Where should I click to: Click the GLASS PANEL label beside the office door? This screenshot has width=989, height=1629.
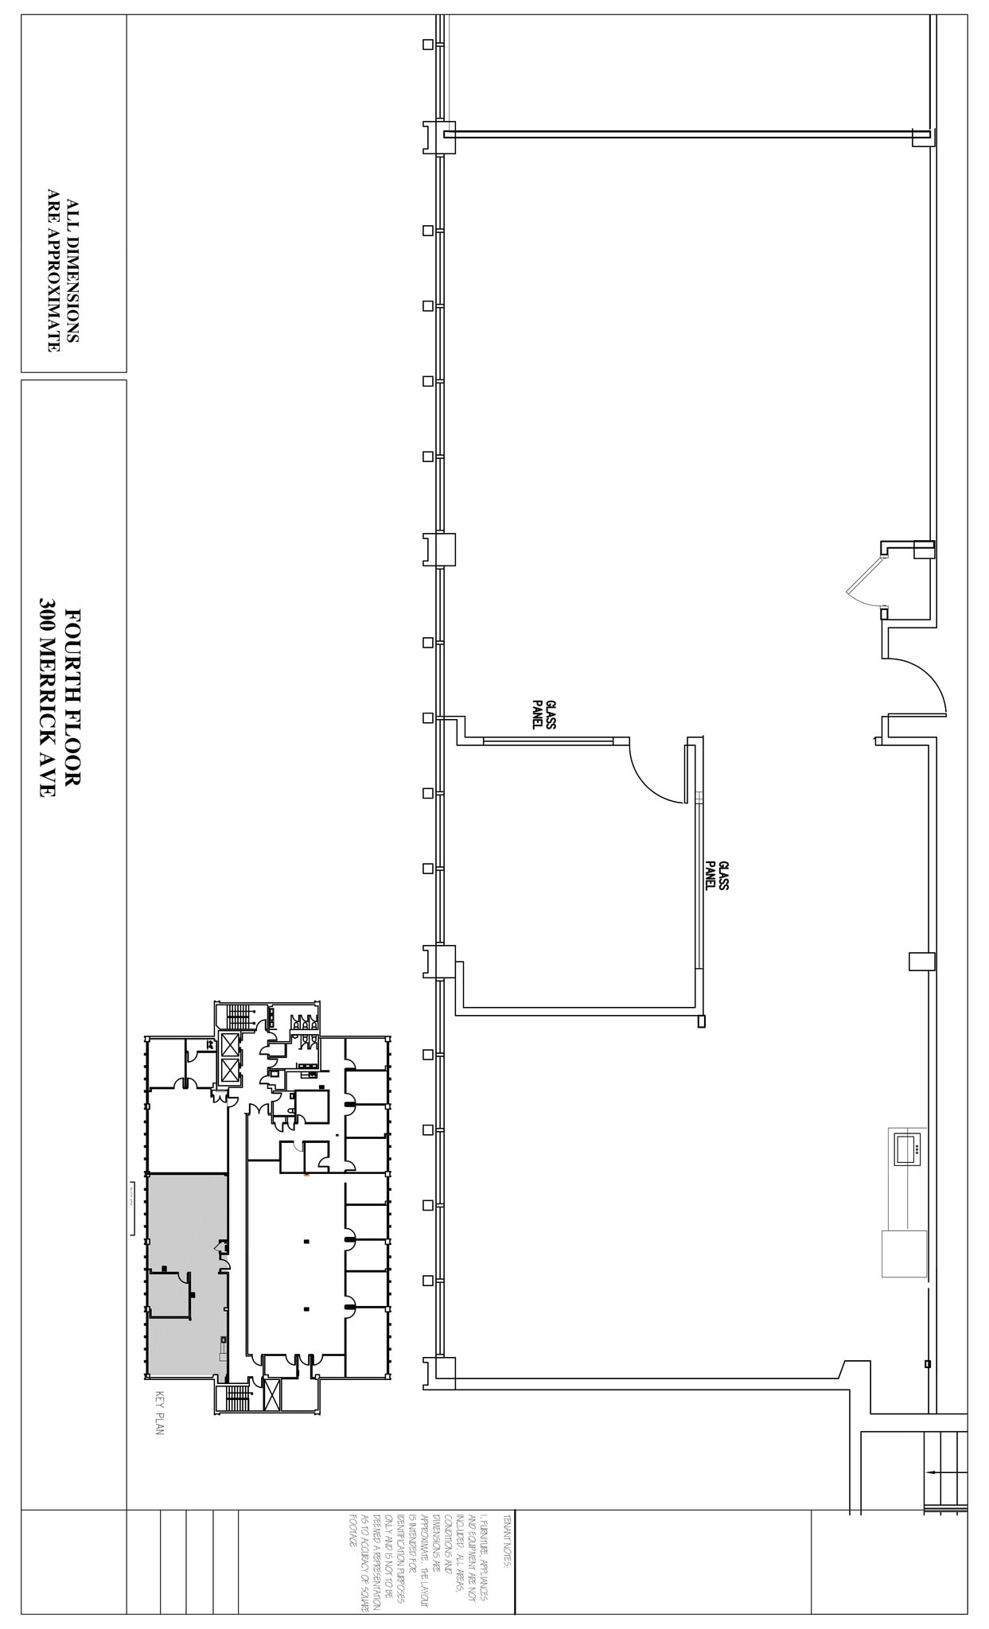tap(543, 713)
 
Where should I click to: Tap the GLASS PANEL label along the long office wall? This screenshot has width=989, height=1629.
tap(717, 875)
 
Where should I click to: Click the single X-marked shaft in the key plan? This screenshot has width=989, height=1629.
tap(271, 1396)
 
